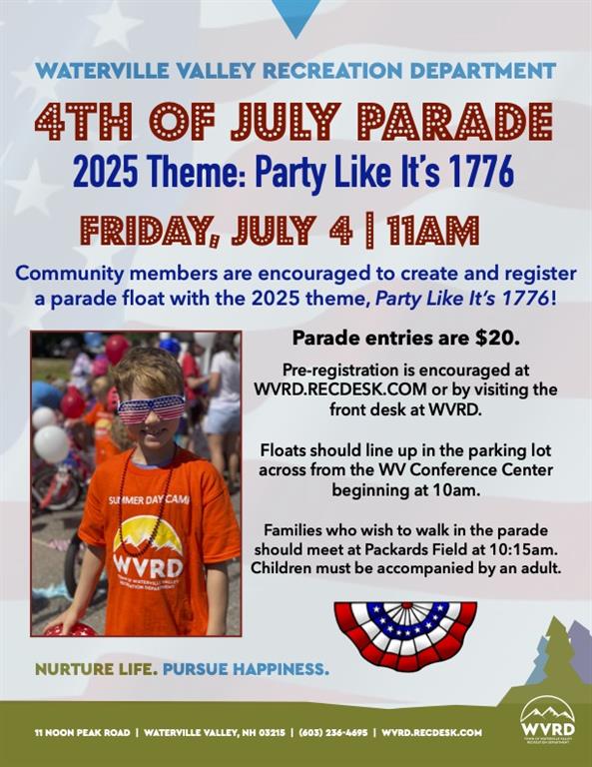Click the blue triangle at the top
tap(296, 15)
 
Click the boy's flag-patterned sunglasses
tap(151, 408)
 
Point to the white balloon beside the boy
tap(51, 443)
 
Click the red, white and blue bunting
tap(405, 635)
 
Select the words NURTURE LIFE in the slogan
tap(96, 669)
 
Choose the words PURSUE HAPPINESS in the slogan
tap(246, 669)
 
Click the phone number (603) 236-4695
tap(332, 732)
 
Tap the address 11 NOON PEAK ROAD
tap(82, 732)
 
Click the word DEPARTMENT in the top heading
tap(482, 71)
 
